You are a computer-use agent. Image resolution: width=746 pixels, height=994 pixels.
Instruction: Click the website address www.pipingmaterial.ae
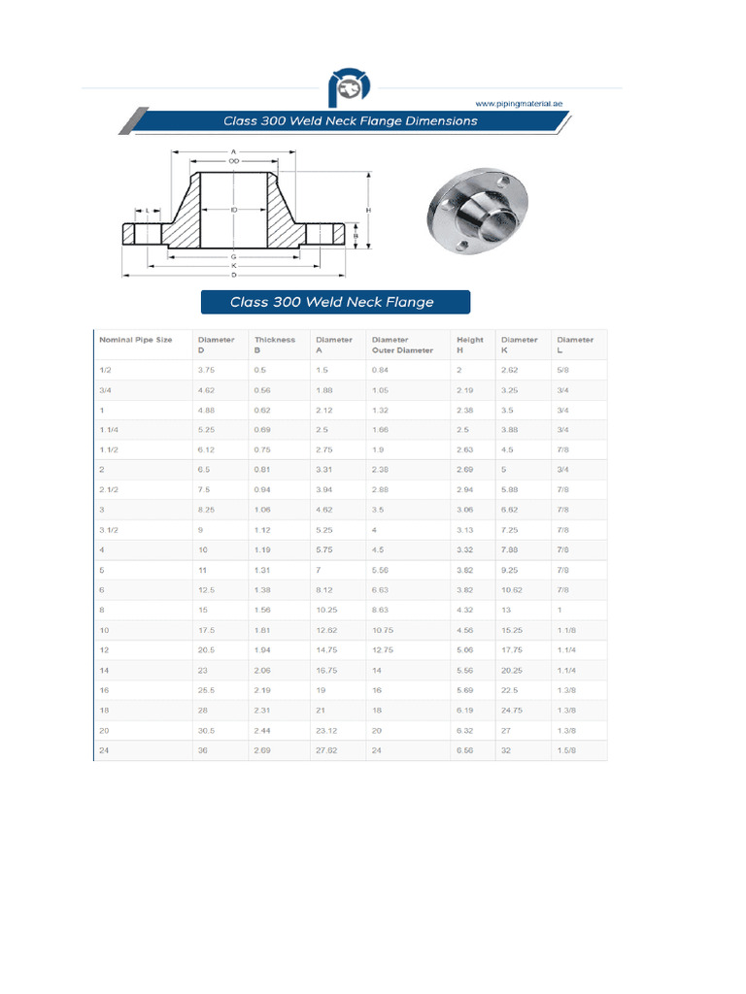tap(518, 102)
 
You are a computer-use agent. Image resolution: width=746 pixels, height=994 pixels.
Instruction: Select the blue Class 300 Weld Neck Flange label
tap(334, 302)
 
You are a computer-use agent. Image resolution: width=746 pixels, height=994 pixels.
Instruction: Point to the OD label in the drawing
tap(234, 161)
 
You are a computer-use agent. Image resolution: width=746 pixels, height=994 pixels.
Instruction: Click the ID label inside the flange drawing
tap(234, 210)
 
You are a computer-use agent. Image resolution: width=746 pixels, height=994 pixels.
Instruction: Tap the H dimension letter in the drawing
tap(368, 210)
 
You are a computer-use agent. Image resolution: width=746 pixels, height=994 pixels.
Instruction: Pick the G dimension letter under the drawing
tap(234, 256)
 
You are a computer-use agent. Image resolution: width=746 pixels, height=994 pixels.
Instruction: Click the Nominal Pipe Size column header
tap(136, 340)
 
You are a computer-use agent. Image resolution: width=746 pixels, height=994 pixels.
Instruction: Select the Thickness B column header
tap(274, 345)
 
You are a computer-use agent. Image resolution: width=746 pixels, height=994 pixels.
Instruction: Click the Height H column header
tap(469, 345)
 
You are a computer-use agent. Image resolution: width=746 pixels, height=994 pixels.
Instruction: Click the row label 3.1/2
tap(109, 530)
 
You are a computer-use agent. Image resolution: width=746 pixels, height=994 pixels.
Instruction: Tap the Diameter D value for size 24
tap(203, 751)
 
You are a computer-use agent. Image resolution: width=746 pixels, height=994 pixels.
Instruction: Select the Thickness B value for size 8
tap(262, 610)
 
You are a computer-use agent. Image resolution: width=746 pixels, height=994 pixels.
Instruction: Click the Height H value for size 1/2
tap(459, 370)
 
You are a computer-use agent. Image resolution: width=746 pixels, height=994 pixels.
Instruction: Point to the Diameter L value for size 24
tap(566, 751)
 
